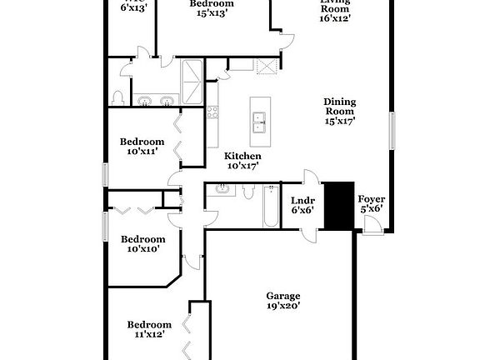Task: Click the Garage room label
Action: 282,296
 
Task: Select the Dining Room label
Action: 339,106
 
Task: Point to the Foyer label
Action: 371,199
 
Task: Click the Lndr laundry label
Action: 302,200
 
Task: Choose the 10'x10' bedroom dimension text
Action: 143,248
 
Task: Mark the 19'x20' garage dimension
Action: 282,306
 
